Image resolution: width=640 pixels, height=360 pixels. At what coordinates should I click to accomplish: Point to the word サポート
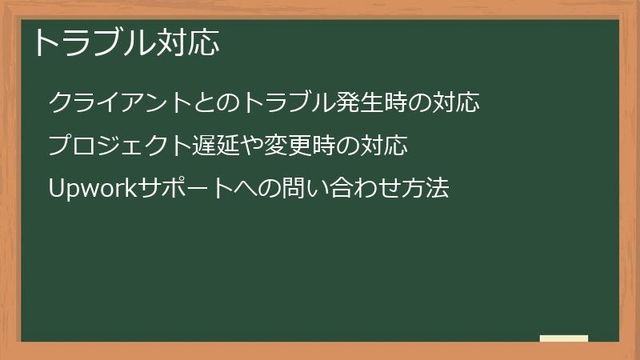pyautogui.click(x=185, y=190)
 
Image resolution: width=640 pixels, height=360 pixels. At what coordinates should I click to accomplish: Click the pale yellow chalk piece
pyautogui.click(x=564, y=338)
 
